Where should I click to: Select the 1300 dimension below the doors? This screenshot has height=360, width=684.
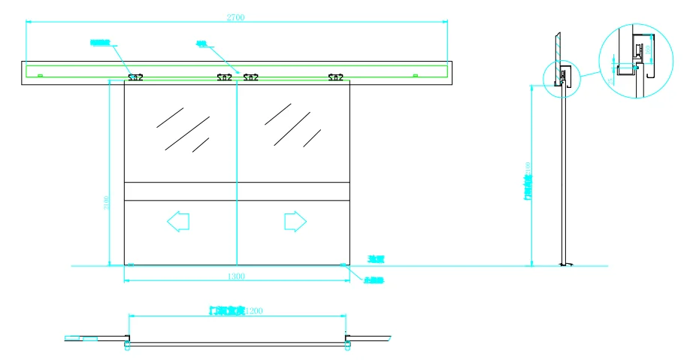[x=237, y=277]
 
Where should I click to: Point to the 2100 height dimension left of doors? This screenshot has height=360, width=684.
[x=107, y=203]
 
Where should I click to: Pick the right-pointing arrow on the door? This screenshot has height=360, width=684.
[x=295, y=221]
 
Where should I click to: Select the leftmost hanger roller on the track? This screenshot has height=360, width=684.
[x=135, y=77]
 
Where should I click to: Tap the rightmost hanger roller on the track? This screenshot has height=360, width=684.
[x=335, y=77]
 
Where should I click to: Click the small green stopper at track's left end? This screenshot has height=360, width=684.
[x=40, y=75]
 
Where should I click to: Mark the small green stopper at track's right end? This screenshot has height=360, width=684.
[x=415, y=75]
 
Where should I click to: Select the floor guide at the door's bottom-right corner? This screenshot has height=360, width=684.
[x=344, y=265]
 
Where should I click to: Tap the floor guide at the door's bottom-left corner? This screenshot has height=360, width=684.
[x=131, y=265]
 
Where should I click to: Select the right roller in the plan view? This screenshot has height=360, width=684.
[x=348, y=344]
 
